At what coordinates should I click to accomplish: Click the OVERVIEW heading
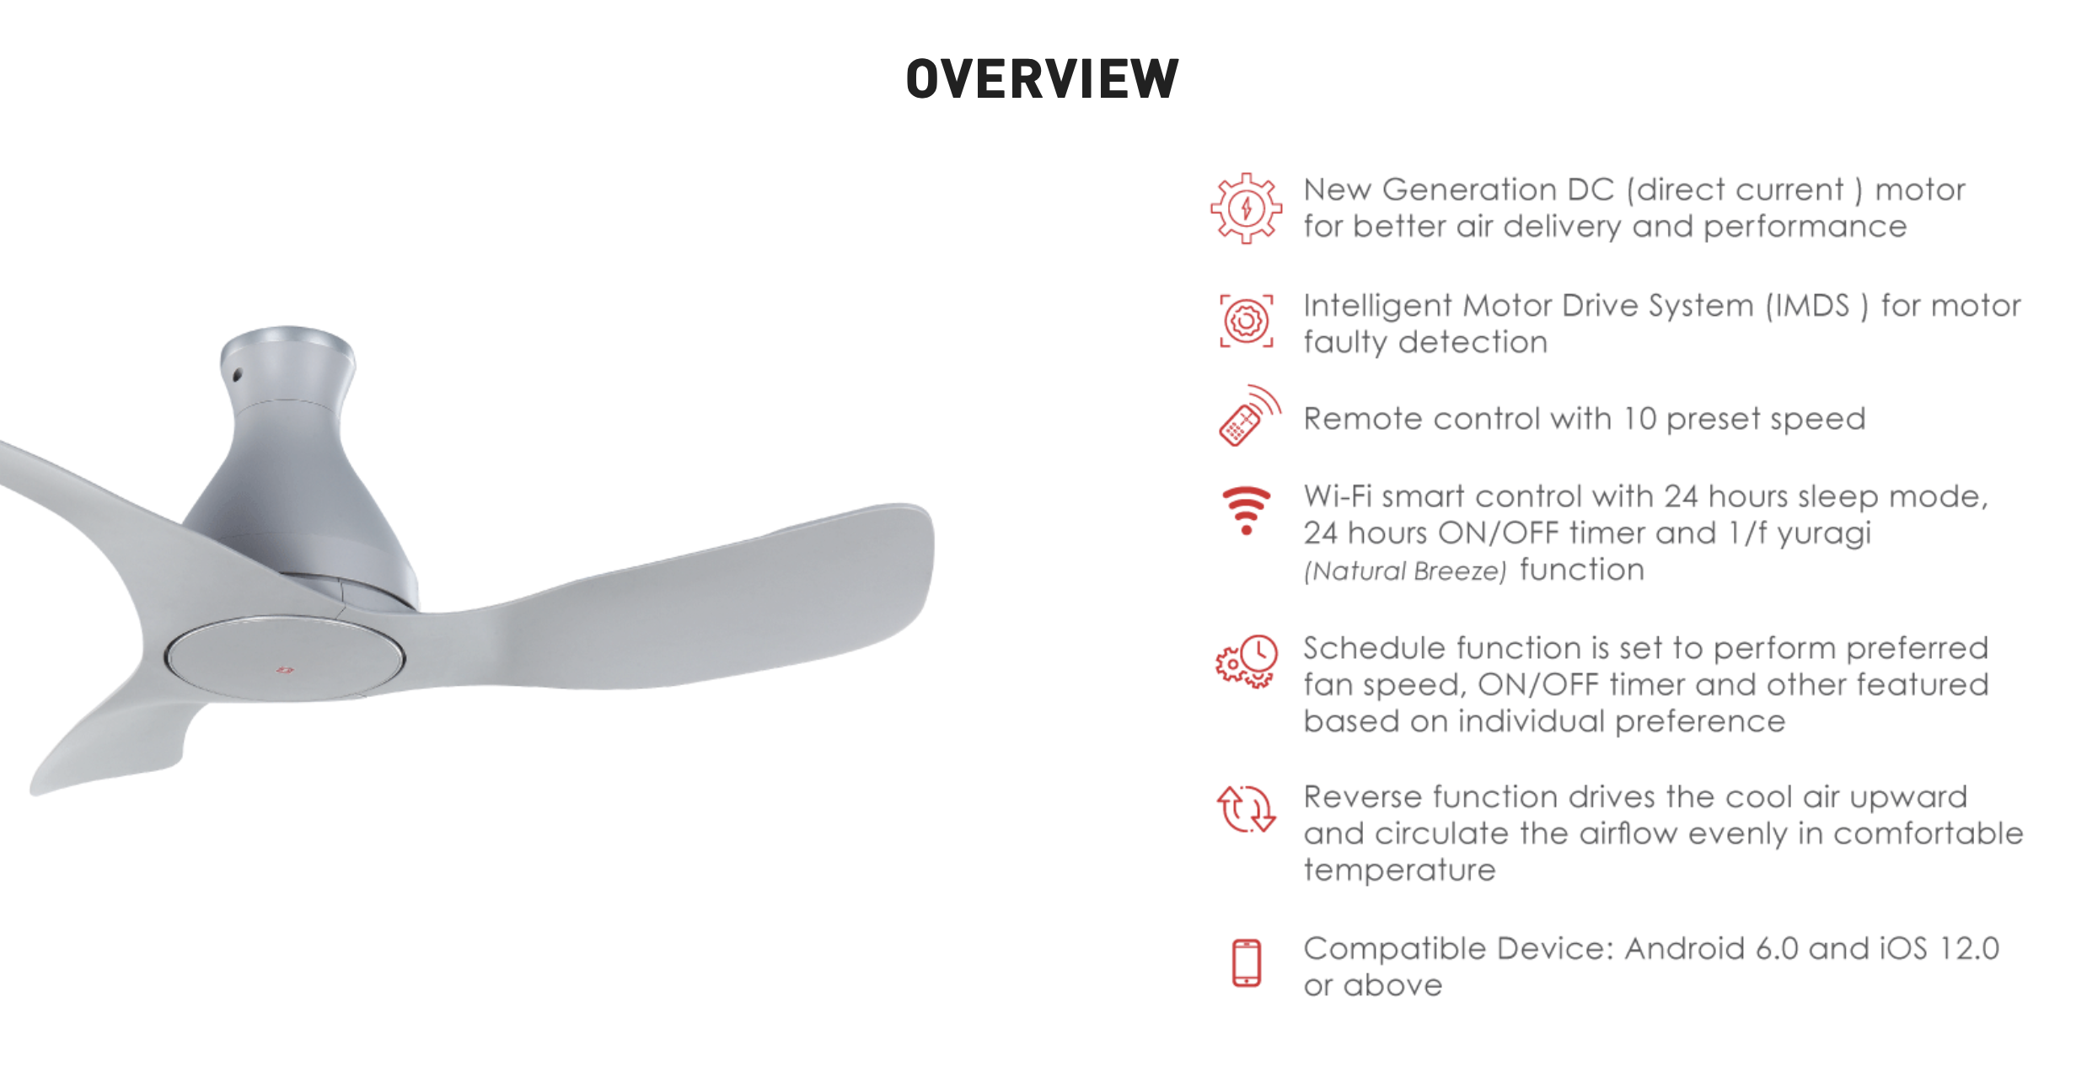1043,79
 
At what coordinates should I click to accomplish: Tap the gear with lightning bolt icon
1246,208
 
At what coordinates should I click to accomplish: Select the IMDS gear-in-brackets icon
1247,321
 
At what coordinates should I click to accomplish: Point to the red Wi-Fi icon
1247,510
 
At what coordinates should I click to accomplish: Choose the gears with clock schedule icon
1247,662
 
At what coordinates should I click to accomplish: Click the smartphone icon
1247,962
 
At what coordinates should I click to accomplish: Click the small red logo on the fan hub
285,670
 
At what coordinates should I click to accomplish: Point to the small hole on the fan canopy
237,374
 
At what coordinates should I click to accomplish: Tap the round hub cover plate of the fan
285,658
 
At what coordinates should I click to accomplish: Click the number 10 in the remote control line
1639,419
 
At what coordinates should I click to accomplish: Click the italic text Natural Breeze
1405,571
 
